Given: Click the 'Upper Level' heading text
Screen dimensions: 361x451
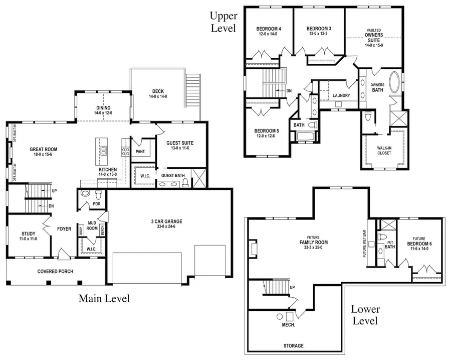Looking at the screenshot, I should point(223,22).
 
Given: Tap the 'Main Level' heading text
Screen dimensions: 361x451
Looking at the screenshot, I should point(104,299).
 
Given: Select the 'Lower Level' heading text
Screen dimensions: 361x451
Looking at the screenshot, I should point(365,315).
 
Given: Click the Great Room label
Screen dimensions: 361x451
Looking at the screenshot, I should point(43,149).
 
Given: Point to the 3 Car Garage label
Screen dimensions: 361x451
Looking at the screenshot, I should point(166,221).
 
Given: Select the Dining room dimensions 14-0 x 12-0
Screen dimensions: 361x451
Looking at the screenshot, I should point(103,113).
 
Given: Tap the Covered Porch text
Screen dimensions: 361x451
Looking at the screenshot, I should point(55,272).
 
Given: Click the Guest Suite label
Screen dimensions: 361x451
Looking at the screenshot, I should point(180,143).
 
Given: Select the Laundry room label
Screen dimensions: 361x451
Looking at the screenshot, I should point(341,95).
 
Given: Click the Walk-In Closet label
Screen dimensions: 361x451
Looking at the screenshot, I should point(384,150).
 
